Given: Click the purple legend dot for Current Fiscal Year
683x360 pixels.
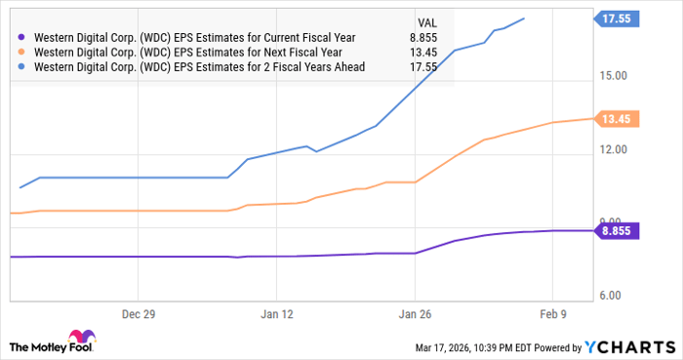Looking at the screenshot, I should (21, 37).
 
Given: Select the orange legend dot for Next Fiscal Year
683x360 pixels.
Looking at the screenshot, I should (21, 52).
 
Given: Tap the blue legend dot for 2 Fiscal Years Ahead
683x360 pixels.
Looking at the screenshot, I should (21, 66).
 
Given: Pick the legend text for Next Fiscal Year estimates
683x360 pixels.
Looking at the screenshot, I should (188, 52).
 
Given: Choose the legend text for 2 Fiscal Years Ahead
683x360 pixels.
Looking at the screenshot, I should (199, 66).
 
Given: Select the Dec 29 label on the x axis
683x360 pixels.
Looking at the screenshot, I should (138, 315).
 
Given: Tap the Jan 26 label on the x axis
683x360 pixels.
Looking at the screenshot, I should (415, 315).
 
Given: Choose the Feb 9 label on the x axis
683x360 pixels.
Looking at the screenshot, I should (553, 315).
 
